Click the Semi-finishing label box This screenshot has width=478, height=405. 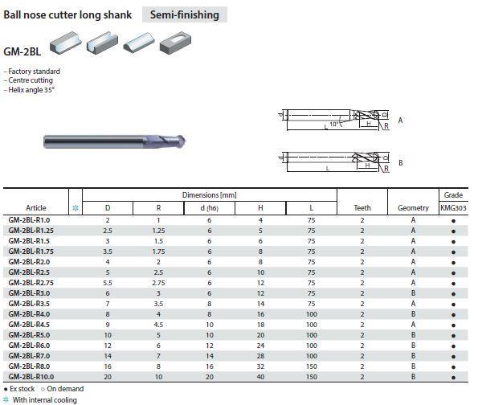tap(185, 14)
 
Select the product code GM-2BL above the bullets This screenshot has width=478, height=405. tap(22, 51)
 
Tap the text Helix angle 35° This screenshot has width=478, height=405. tap(31, 90)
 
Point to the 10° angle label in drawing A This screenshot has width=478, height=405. tap(334, 124)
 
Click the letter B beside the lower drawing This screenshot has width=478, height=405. tap(401, 163)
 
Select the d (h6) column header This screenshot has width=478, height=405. tap(210, 208)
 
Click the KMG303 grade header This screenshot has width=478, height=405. tap(453, 208)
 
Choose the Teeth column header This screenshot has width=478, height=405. tap(362, 208)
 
